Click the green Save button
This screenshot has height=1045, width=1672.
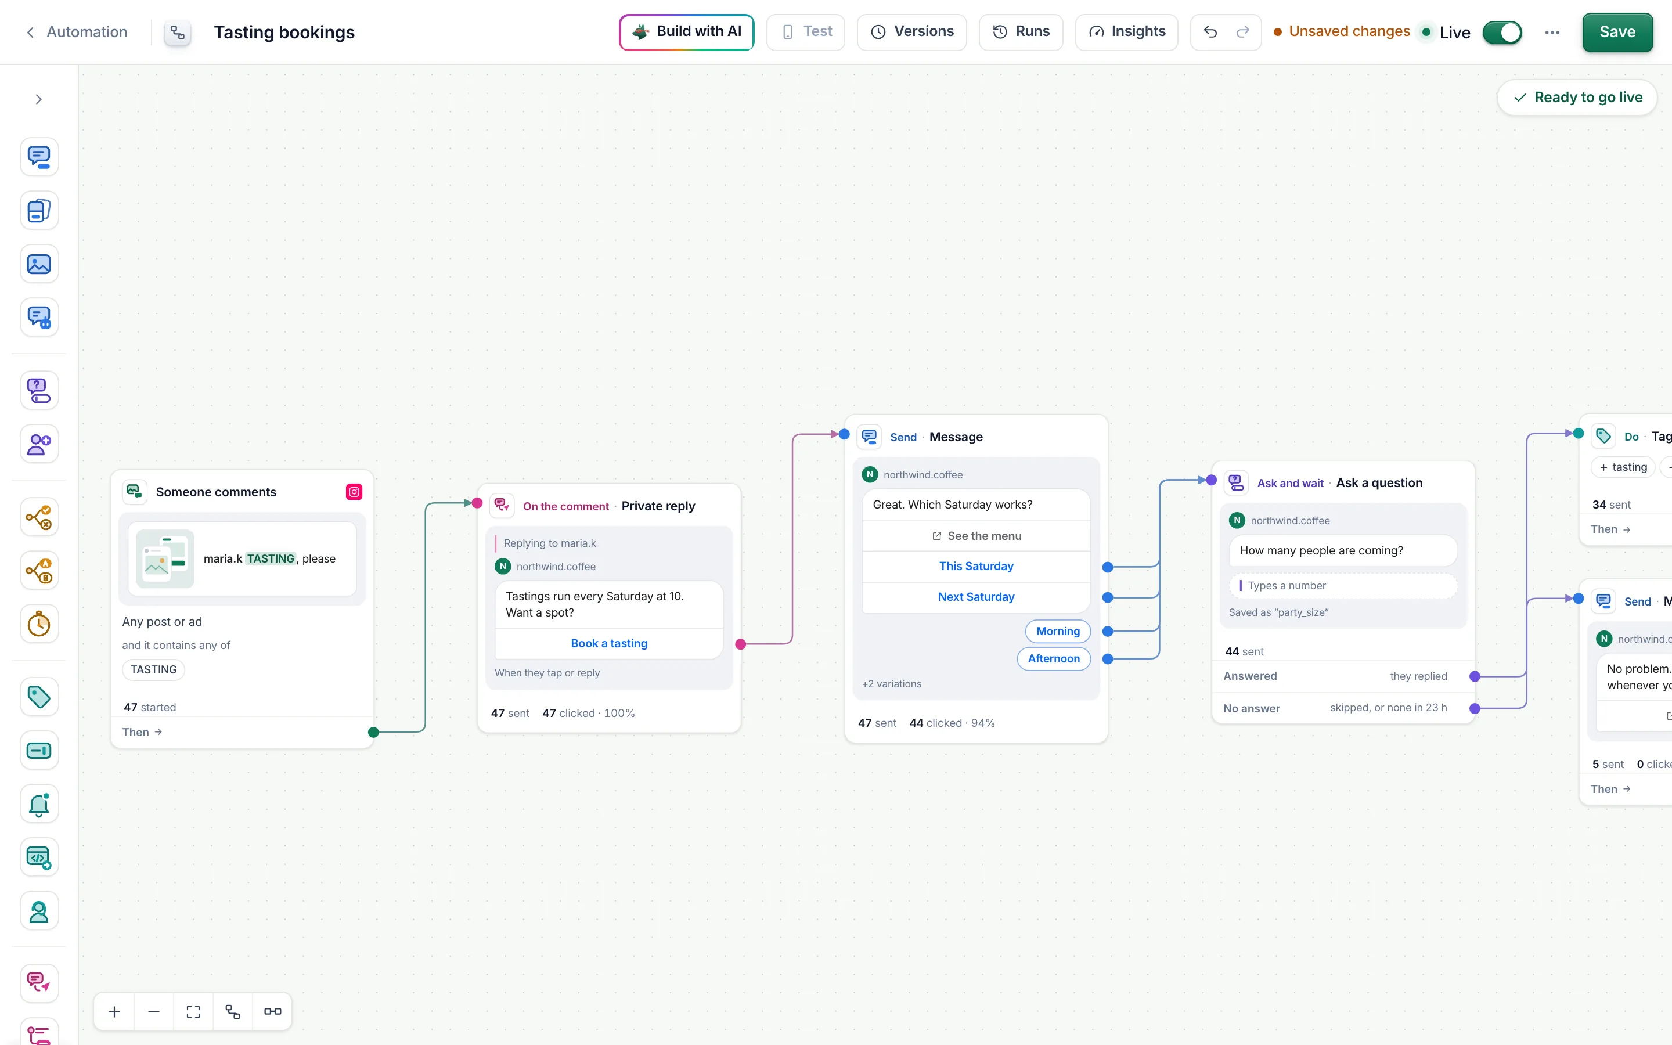[1617, 33]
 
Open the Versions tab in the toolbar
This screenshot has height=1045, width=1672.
[911, 32]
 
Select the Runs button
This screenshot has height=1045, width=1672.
[1021, 32]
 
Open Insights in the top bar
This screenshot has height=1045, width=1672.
[1126, 32]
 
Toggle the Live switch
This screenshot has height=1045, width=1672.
[1502, 33]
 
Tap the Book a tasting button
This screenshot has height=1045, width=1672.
[608, 643]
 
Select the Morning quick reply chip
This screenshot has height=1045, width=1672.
[1058, 631]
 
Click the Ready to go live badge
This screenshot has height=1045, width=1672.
[1577, 98]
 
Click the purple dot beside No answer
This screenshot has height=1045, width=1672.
[1475, 708]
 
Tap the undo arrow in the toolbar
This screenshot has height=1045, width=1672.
[1210, 32]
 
